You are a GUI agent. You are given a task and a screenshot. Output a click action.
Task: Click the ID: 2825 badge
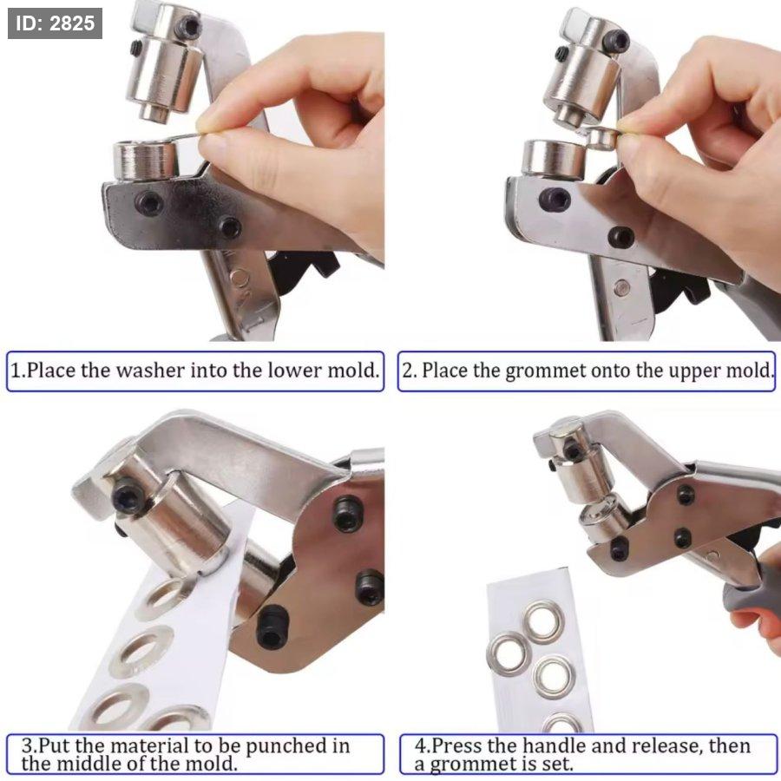(55, 23)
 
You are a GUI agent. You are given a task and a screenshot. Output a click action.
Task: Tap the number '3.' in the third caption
(30, 746)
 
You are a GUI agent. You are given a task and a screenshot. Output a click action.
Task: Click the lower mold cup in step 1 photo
(145, 161)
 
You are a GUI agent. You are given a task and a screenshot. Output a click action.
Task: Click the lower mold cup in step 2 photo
(554, 160)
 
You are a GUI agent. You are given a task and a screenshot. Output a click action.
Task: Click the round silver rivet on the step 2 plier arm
(621, 287)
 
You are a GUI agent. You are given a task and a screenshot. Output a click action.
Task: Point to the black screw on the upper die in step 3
(128, 496)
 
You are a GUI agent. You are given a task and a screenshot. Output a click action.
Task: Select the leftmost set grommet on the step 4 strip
(509, 654)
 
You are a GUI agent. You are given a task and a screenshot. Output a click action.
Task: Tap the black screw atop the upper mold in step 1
(188, 25)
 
